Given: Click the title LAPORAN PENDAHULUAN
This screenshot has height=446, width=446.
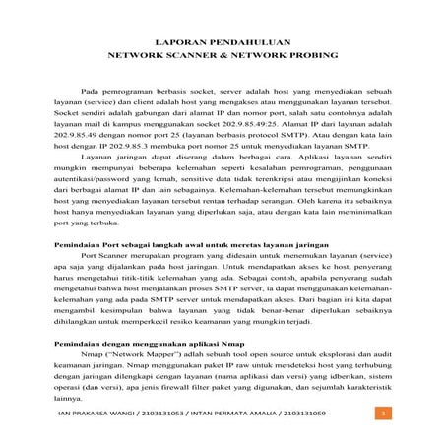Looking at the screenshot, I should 223,44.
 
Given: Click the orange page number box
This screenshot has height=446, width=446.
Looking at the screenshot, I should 381,426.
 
